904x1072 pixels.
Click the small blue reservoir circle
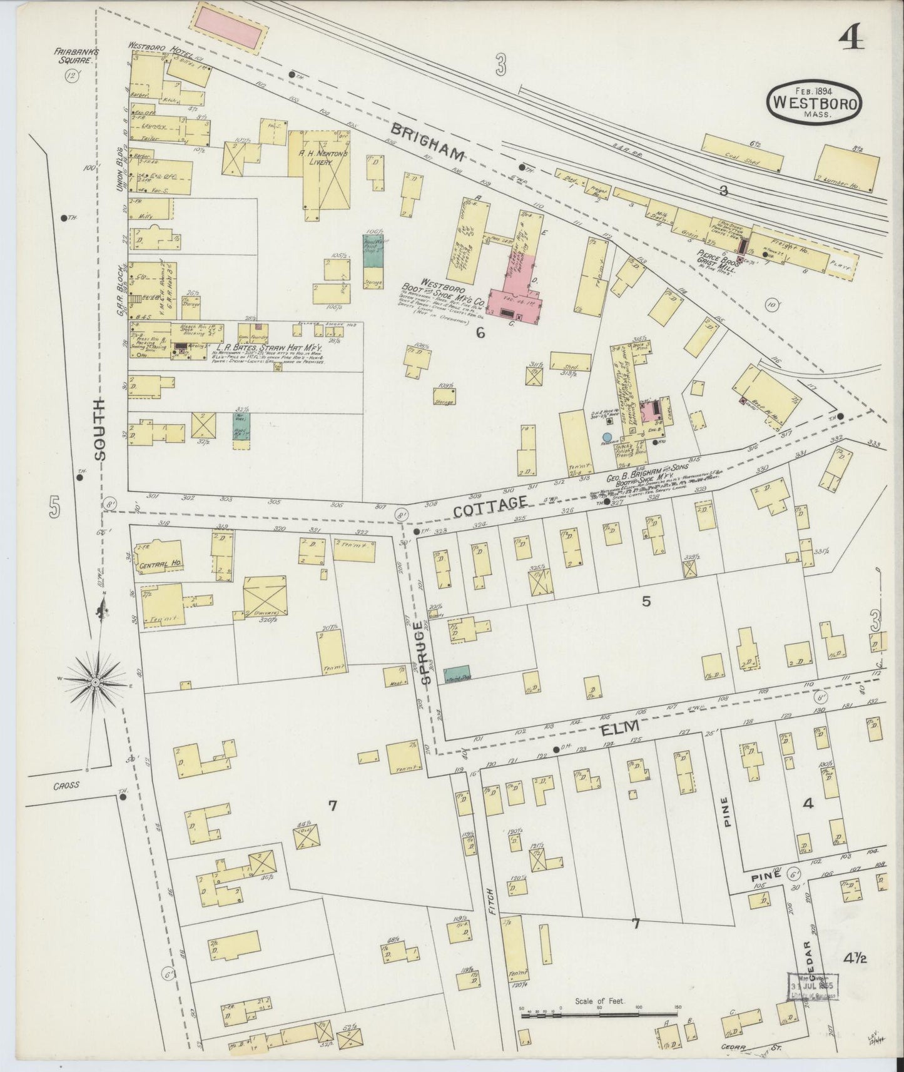coord(606,437)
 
